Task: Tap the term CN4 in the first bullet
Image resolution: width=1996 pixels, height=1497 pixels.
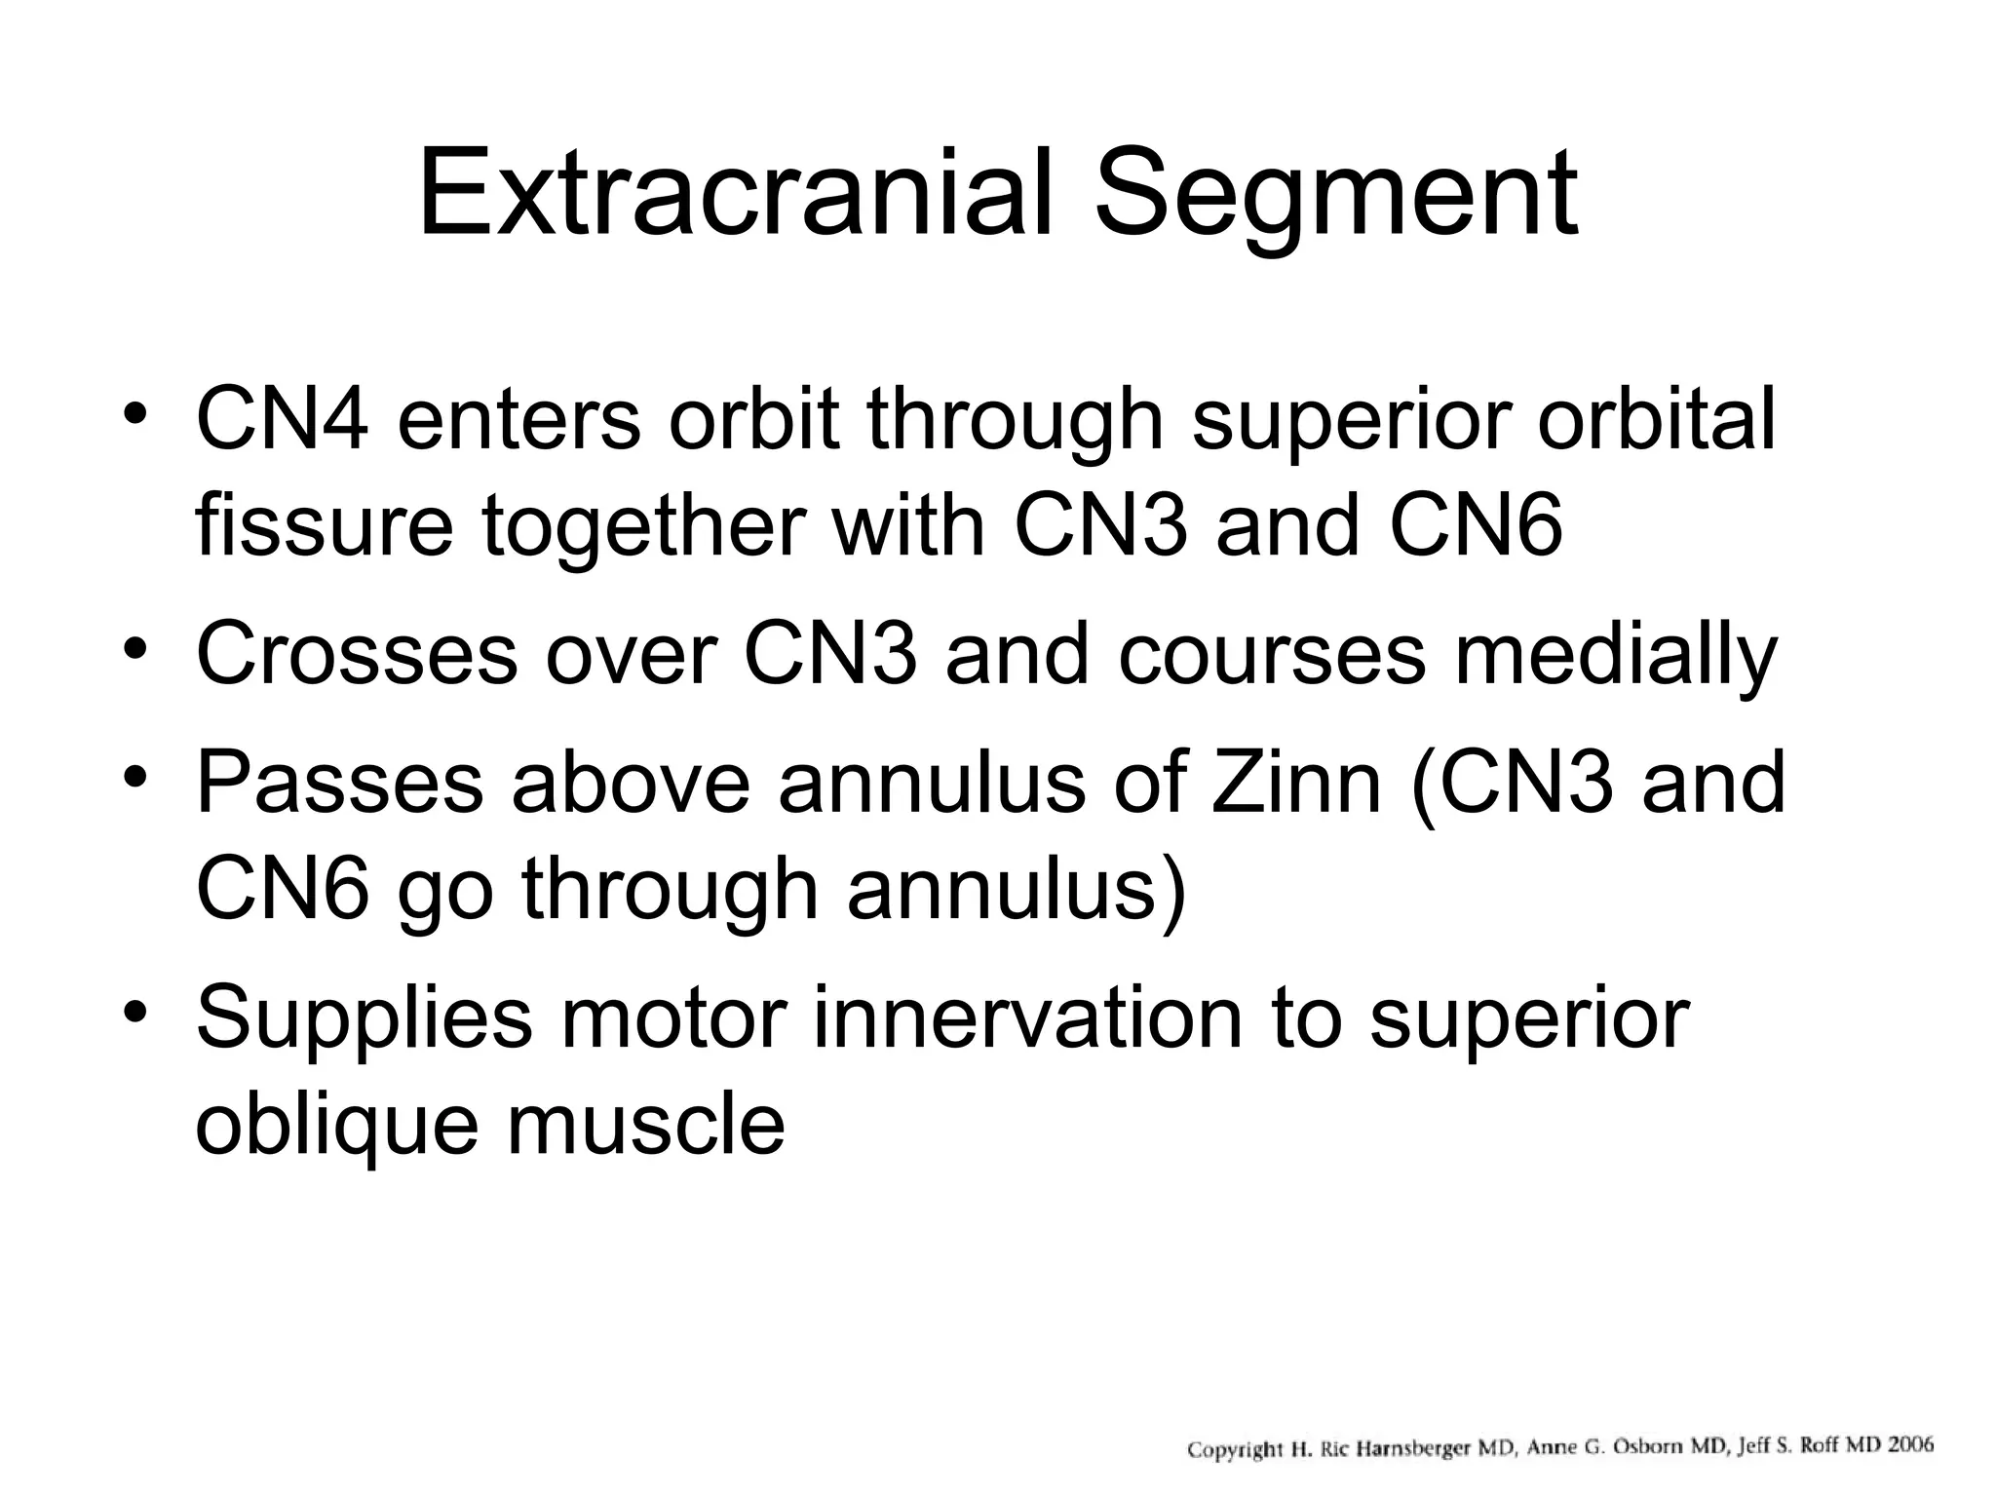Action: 282,420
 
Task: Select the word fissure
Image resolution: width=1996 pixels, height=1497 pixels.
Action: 324,526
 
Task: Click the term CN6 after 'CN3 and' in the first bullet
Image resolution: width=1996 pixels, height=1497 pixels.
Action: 1476,526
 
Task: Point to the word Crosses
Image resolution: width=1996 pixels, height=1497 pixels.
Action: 356,654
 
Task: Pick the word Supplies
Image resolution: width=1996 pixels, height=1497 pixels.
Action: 364,1017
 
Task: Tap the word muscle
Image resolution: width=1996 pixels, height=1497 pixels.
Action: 645,1125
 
